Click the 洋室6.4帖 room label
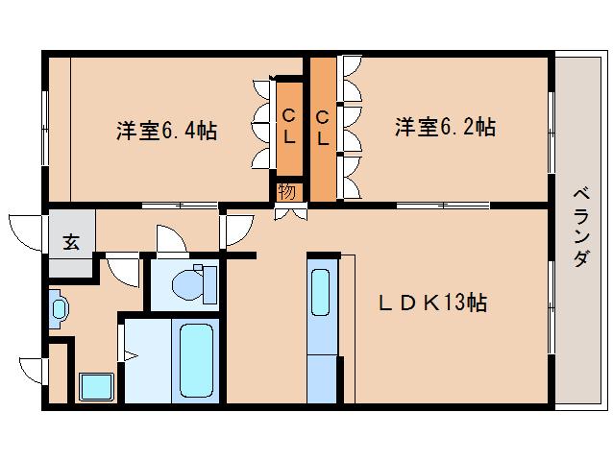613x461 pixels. [x=166, y=131]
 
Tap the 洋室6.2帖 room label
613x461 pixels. [x=445, y=127]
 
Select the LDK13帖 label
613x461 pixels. [x=431, y=303]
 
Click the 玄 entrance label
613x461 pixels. [x=71, y=242]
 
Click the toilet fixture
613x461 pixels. [x=197, y=283]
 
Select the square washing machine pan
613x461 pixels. [x=96, y=388]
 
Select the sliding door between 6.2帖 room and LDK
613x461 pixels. [x=442, y=206]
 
